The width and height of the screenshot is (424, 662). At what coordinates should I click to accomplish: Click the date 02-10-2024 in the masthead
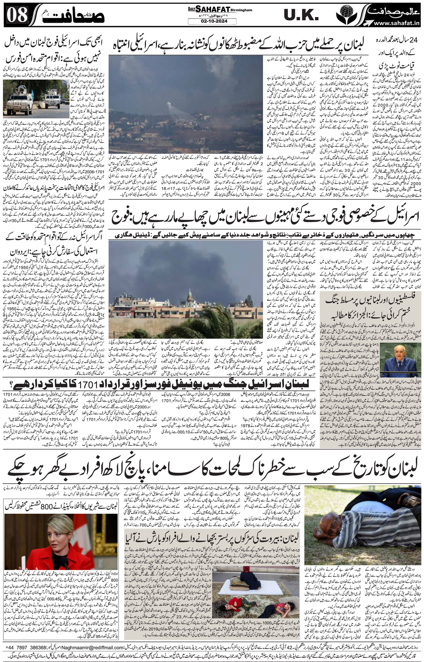point(212,21)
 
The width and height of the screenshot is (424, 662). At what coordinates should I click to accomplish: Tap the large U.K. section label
point(301,15)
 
